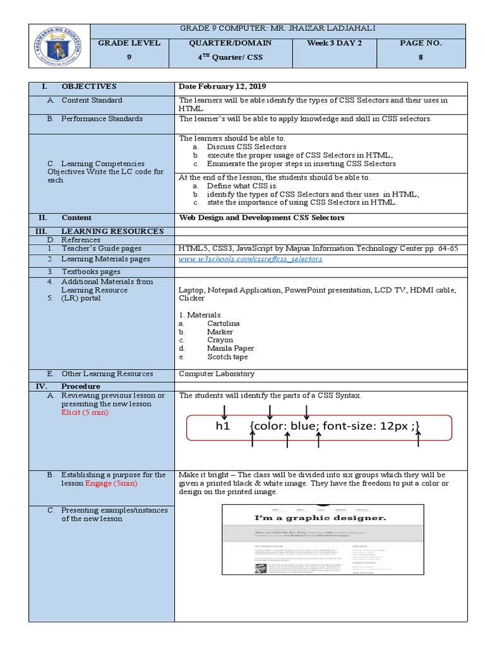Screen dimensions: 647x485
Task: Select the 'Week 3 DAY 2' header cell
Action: pyautogui.click(x=332, y=43)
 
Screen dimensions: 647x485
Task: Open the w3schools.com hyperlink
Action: pyautogui.click(x=251, y=259)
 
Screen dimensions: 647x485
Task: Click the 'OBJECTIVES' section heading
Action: pyautogui.click(x=89, y=87)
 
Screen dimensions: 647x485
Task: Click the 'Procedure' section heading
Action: pyautogui.click(x=81, y=386)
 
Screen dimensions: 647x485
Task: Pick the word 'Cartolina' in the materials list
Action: pyautogui.click(x=224, y=323)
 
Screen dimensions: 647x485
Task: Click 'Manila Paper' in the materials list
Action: pyautogui.click(x=231, y=348)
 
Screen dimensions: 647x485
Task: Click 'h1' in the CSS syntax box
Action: pyautogui.click(x=222, y=426)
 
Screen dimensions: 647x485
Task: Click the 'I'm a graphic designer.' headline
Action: pyautogui.click(x=320, y=518)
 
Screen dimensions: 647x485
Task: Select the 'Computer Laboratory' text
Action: pyautogui.click(x=217, y=373)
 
